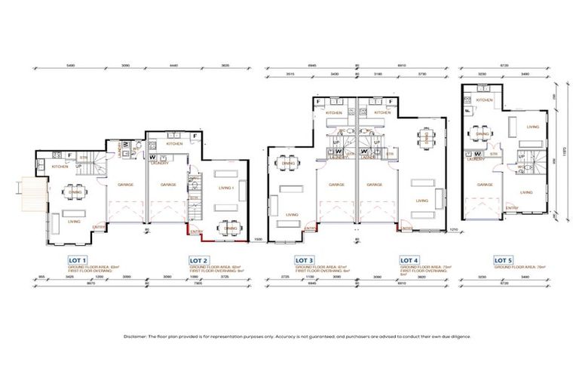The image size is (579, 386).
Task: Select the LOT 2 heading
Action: (198, 259)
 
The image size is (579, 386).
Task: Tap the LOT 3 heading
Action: (305, 259)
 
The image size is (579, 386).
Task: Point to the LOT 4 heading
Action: (410, 259)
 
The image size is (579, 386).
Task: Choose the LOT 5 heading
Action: (502, 259)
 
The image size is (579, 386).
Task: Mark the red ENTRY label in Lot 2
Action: (197, 231)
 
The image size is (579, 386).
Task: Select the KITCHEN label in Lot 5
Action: (485, 100)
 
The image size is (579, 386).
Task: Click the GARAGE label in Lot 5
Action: (485, 183)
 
